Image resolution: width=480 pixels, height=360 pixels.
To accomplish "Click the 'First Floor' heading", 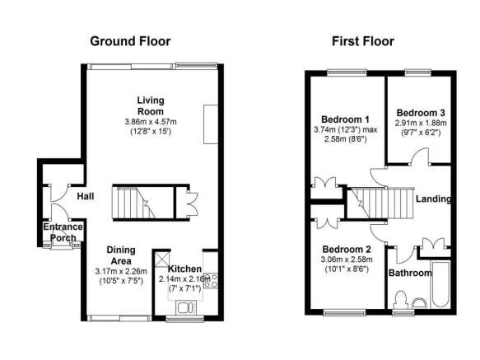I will (362, 41).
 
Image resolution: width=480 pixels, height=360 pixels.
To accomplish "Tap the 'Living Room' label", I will (151, 105).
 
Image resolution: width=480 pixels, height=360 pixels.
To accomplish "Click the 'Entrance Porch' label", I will (63, 232).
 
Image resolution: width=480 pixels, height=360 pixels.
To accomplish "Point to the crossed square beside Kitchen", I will (161, 256).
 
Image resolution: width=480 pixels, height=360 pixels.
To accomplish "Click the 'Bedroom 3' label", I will (421, 112).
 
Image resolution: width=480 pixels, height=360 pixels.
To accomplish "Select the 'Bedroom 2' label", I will (346, 249).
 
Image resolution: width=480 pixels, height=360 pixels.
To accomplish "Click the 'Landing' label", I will (433, 199).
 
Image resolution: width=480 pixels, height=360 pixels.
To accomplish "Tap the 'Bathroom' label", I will (410, 273).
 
